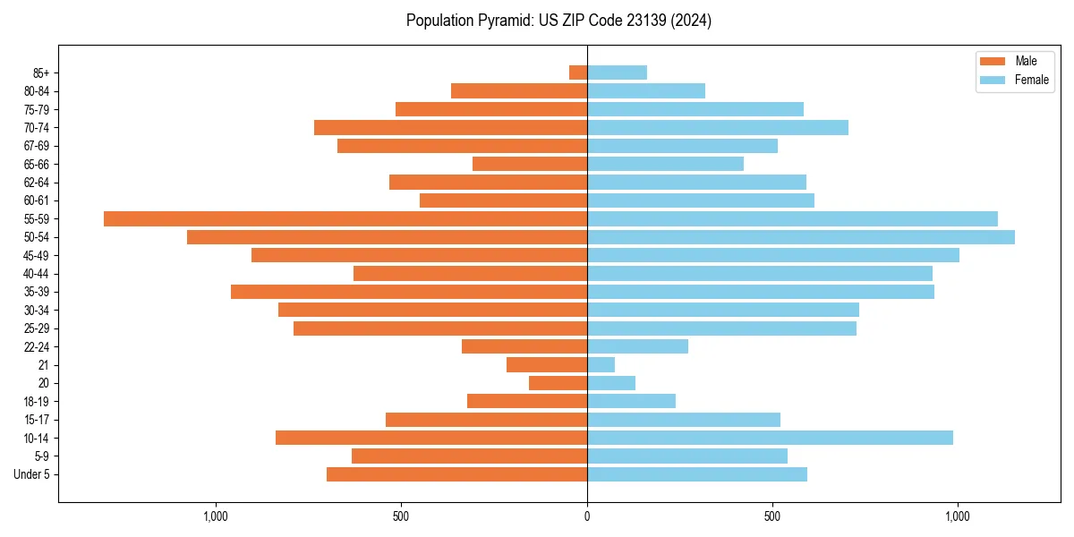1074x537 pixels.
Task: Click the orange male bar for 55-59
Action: [x=345, y=218]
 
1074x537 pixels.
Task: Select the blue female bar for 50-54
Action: [x=801, y=237]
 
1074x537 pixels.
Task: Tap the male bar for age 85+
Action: [x=578, y=72]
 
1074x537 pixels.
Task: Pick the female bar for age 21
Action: [x=601, y=364]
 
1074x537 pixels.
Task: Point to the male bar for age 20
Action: [x=558, y=383]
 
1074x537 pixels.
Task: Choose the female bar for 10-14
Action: [x=770, y=438]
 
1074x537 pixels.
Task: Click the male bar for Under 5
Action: [x=456, y=474]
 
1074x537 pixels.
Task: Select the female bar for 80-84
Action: [x=646, y=90]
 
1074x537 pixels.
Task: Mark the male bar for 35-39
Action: [x=409, y=292]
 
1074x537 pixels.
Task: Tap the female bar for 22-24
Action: [x=637, y=346]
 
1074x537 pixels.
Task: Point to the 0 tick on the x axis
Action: [x=587, y=516]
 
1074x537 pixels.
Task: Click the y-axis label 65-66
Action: [x=37, y=164]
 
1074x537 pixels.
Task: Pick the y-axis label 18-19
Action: [x=37, y=401]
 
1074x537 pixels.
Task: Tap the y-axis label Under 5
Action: [x=31, y=474]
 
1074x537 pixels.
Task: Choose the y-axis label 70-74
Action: [x=37, y=127]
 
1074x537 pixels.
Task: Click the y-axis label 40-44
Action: [x=37, y=273]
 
